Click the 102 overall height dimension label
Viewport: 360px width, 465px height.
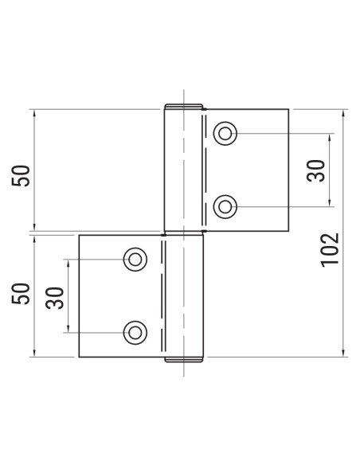coord(332,248)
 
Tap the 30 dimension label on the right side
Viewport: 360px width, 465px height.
coord(316,170)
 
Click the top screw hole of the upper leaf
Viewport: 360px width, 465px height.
coord(226,133)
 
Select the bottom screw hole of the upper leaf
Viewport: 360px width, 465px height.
coord(226,207)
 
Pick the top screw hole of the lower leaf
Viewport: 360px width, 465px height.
coord(135,258)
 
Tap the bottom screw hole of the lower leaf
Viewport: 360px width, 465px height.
coord(135,331)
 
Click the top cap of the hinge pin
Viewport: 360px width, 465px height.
coord(183,106)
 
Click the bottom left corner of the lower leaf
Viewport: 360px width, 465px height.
coord(79,357)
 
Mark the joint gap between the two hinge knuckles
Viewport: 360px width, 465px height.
coord(184,232)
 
